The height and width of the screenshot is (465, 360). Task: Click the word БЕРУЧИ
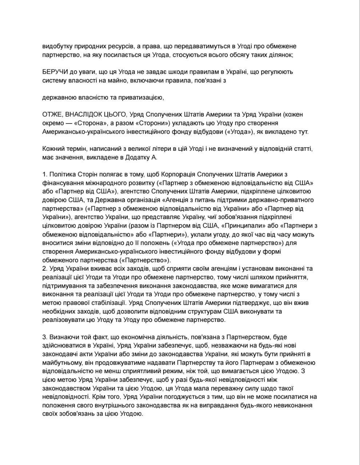tap(55, 72)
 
